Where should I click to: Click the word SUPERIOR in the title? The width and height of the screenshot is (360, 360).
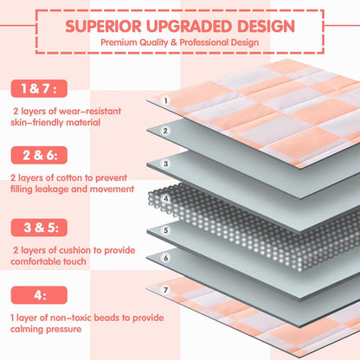pos(103,26)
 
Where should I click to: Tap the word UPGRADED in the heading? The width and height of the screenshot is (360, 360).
pos(190,26)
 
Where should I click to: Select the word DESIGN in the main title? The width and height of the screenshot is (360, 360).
pos(266,26)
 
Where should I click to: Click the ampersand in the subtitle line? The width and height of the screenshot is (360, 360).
pos(174,42)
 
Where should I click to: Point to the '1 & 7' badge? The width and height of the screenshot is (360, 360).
pos(39,88)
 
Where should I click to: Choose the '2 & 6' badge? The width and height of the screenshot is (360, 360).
pos(39,155)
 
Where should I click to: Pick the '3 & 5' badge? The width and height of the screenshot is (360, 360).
pos(39,228)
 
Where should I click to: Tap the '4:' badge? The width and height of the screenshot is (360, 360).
pos(39,295)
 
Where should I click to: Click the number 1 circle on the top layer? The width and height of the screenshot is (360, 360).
pos(165,101)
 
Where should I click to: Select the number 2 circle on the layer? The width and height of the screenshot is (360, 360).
pos(165,131)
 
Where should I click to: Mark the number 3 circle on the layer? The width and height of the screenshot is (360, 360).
pos(165,164)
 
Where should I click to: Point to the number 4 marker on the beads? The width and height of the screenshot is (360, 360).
pos(165,198)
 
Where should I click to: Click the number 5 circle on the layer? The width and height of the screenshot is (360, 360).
pos(165,230)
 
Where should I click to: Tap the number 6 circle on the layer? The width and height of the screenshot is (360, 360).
pos(165,258)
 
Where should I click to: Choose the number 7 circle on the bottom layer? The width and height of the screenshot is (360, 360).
pos(165,290)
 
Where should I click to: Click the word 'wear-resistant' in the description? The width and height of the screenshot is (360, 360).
pos(90,111)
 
